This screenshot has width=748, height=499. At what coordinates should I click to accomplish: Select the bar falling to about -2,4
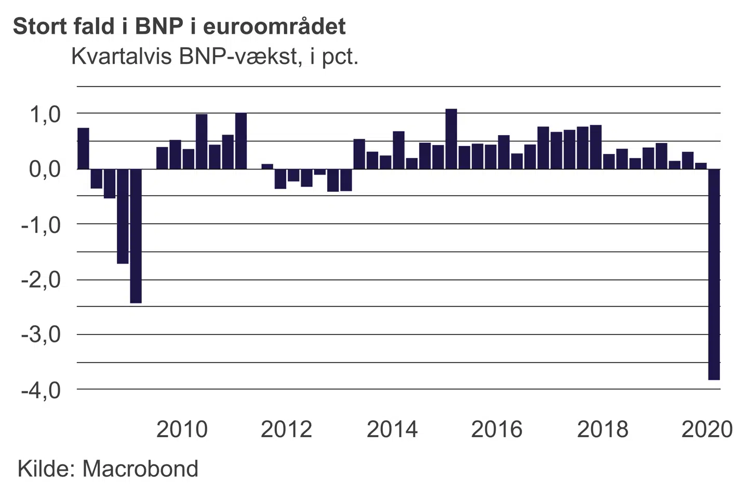click(136, 236)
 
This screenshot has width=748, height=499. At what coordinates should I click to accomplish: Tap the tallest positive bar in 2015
click(451, 139)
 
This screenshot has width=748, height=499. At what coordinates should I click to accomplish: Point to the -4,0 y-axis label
click(41, 389)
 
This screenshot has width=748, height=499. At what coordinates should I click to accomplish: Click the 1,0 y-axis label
click(45, 114)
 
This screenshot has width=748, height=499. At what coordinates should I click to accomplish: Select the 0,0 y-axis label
click(45, 169)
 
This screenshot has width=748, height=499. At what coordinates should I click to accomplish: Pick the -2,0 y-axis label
click(41, 280)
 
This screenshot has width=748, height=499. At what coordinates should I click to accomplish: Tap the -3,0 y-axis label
click(41, 334)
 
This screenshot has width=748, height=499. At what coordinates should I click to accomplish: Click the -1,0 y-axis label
click(41, 225)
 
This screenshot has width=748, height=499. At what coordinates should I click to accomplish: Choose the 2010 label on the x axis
click(182, 429)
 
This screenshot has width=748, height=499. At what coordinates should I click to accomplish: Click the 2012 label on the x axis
click(286, 429)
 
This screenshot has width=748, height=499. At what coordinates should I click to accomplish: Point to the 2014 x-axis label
click(392, 429)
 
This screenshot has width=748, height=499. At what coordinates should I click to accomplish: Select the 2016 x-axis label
click(497, 429)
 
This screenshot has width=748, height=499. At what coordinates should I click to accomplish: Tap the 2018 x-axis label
click(603, 429)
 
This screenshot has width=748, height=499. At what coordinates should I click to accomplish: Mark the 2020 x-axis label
click(707, 429)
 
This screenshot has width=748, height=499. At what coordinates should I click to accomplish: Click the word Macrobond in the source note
click(140, 468)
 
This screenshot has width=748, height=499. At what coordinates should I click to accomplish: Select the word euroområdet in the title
click(274, 26)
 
